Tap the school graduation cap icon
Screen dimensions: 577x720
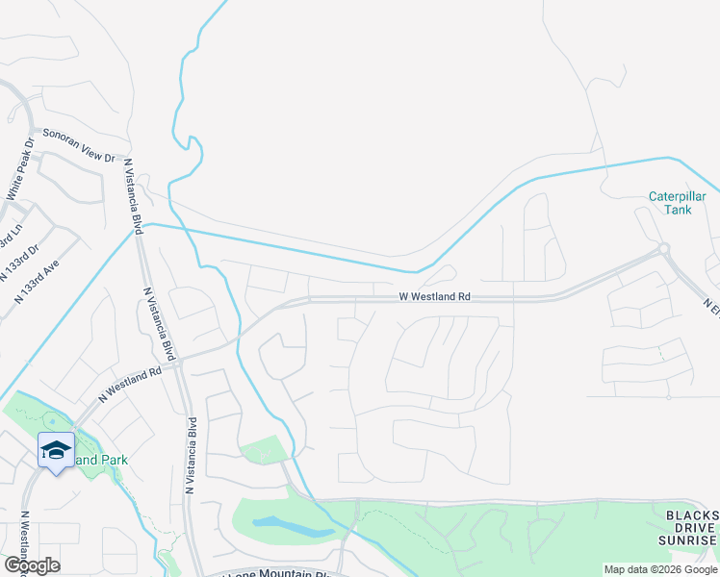pyautogui.click(x=56, y=449)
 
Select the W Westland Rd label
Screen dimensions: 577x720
pyautogui.click(x=435, y=297)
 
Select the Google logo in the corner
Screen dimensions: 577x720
pyautogui.click(x=32, y=564)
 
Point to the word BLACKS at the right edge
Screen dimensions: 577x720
pyautogui.click(x=692, y=514)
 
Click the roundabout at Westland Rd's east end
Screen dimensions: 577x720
pyautogui.click(x=663, y=250)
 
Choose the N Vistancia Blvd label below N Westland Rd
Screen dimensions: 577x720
pyautogui.click(x=192, y=457)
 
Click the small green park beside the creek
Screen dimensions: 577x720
pyautogui.click(x=263, y=450)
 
